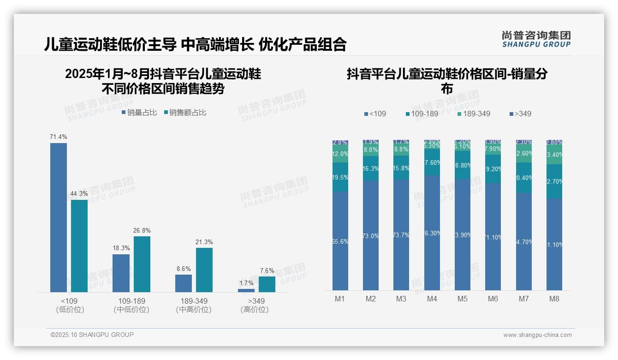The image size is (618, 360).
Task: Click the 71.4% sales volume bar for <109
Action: click(59, 217)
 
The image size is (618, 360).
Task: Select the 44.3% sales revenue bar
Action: click(79, 246)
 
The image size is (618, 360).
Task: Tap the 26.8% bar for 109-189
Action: click(142, 264)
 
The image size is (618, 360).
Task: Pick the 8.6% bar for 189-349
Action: click(184, 283)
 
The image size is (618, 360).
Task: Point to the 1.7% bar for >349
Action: click(246, 290)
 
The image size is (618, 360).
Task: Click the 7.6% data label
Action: click(267, 271)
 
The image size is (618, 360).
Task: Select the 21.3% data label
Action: click(204, 242)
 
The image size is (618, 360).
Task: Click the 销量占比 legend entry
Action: click(139, 113)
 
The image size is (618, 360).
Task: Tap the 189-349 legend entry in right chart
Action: click(474, 114)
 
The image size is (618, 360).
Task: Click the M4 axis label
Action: click(432, 299)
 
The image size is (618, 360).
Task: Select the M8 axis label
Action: click(554, 299)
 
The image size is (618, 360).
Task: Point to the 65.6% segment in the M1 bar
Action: click(340, 241)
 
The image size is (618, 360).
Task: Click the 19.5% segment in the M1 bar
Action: click(340, 177)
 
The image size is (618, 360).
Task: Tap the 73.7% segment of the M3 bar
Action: click(401, 234)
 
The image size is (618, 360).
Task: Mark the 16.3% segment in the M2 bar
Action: click(371, 168)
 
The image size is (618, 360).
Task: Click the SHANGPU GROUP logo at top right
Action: click(536, 39)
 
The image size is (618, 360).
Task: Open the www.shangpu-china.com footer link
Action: click(537, 335)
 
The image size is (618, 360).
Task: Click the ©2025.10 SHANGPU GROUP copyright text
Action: click(92, 335)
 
